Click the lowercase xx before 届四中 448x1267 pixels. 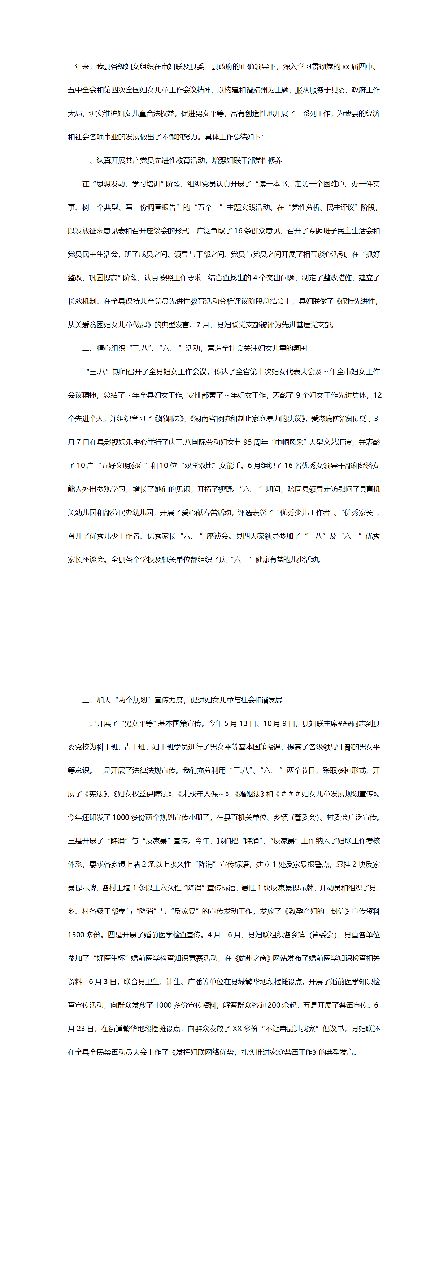[346, 66]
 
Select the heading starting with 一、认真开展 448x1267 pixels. [182, 160]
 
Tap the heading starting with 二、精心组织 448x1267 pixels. [194, 348]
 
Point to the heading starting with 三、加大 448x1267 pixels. [182, 700]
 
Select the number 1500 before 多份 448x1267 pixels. [76, 934]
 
